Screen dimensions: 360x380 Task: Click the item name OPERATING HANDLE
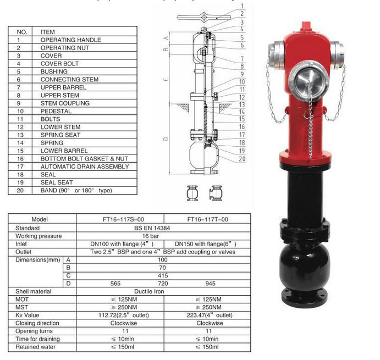pos(70,40)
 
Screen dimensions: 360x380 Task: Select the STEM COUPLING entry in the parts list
pos(65,103)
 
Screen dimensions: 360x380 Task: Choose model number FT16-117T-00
pos(207,219)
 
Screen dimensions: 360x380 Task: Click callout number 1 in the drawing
pos(241,6)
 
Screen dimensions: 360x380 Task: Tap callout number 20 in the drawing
pos(241,159)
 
